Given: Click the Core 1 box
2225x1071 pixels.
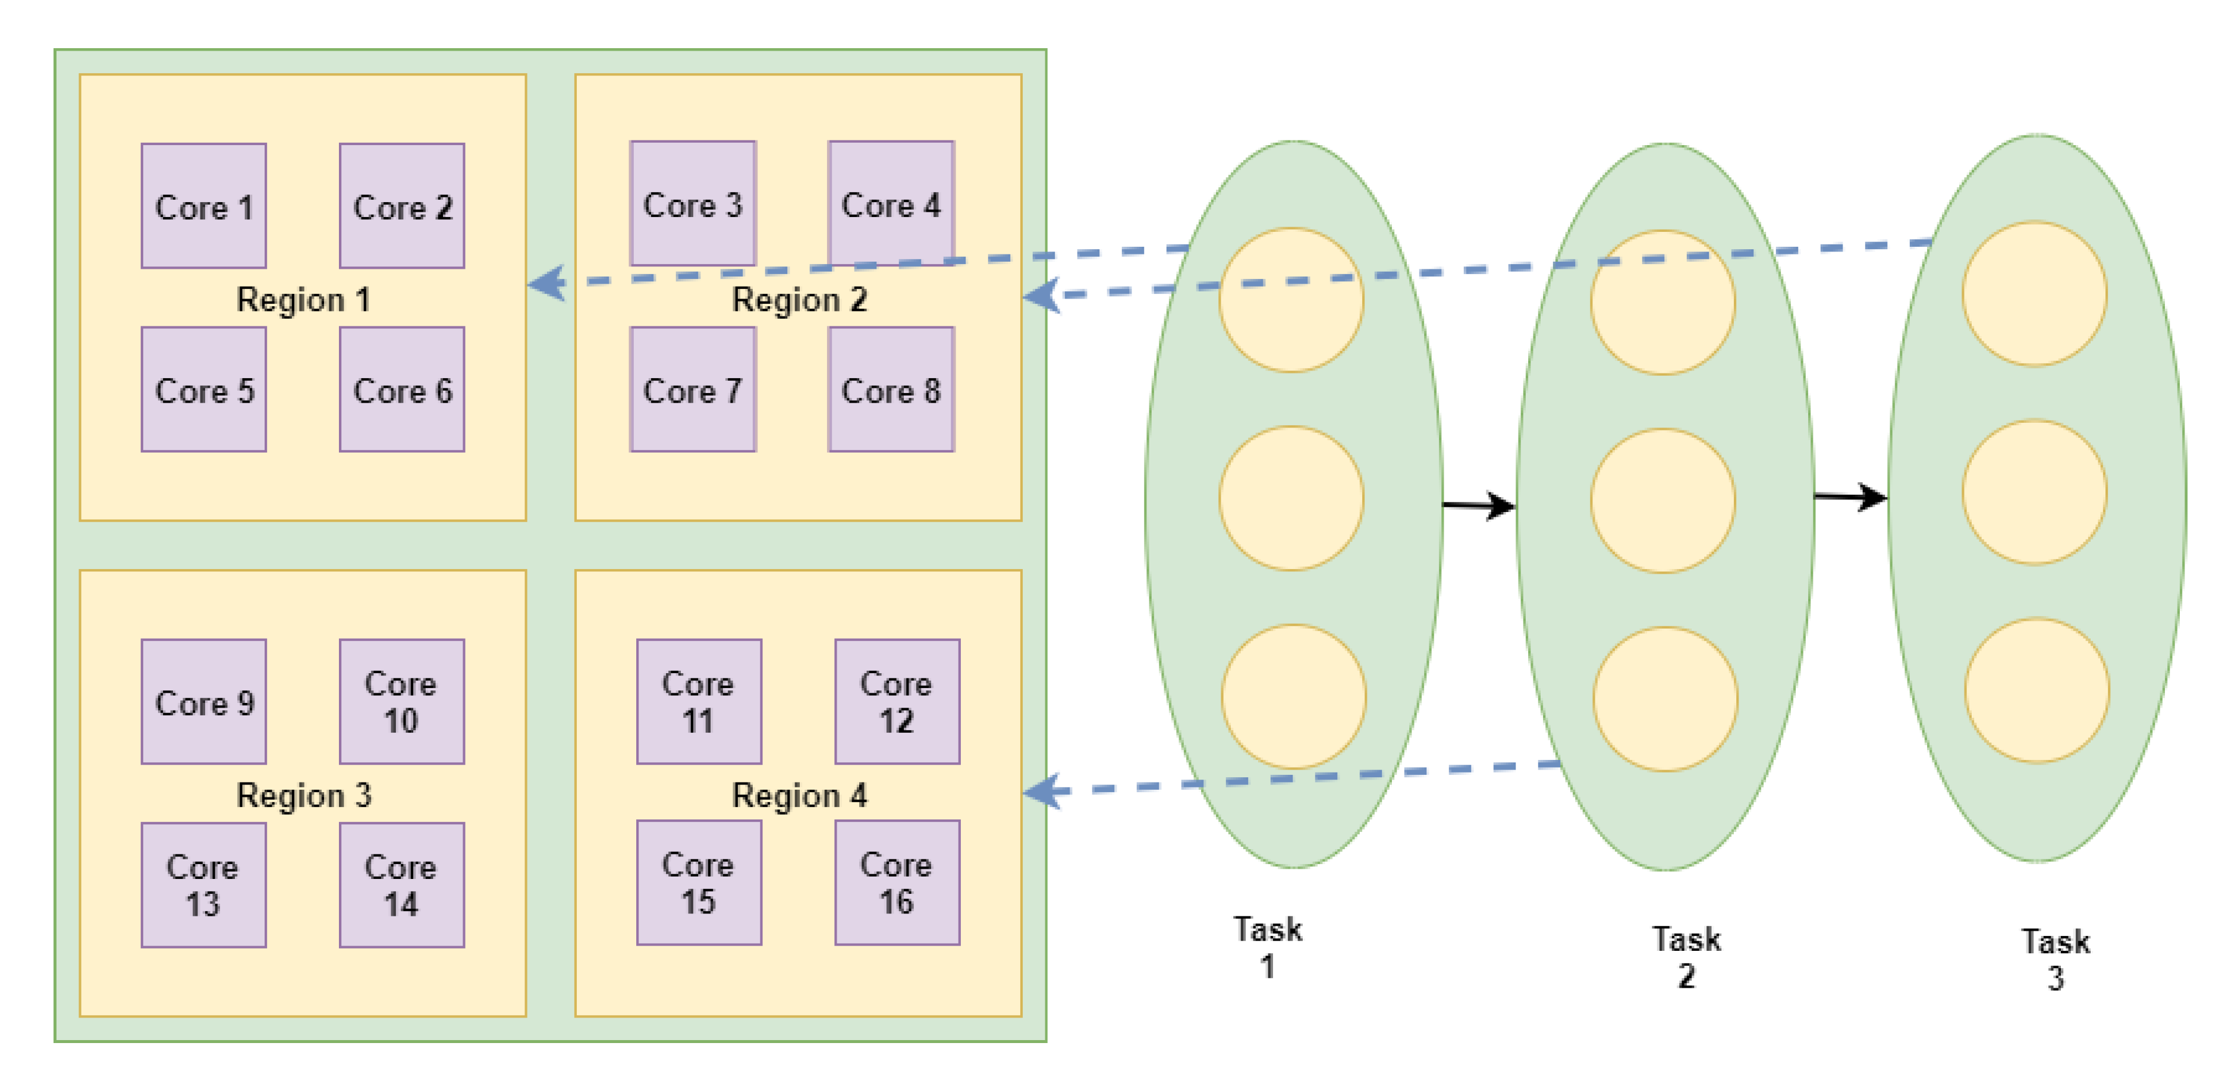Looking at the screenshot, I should (204, 206).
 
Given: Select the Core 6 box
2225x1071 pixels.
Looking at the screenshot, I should (401, 390).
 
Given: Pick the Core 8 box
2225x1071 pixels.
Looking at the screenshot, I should (891, 390).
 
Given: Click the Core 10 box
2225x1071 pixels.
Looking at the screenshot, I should (401, 701).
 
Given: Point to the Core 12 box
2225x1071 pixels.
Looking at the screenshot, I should (897, 701).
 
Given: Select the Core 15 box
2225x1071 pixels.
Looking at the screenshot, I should (699, 882).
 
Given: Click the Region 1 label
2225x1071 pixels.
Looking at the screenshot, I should (303, 300).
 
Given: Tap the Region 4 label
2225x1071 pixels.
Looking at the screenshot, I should (799, 794).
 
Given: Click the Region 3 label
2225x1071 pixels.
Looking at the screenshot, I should (303, 794).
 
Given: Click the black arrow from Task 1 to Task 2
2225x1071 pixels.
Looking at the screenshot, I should (1479, 505).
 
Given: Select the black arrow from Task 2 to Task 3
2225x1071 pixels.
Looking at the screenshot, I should (1850, 497).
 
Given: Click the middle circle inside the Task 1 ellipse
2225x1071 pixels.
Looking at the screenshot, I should (1291, 498).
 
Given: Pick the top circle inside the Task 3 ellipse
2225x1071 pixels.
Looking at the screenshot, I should (2034, 294).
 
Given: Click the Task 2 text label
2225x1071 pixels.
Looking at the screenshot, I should (1686, 957).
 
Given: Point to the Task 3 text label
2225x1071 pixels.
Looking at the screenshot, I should (2055, 959).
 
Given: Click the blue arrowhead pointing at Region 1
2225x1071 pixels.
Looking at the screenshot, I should (548, 282).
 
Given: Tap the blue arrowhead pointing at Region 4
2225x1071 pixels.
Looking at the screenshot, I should (1042, 791).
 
